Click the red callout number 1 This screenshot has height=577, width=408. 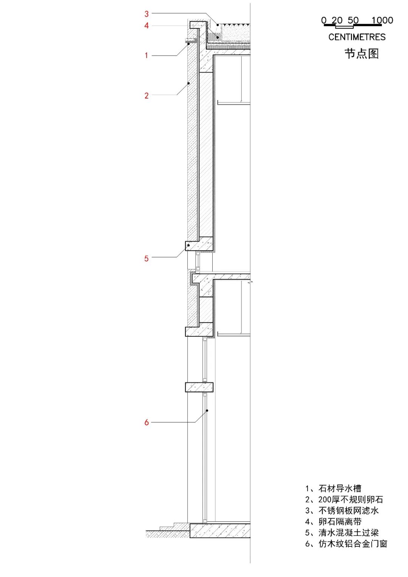(x=146, y=56)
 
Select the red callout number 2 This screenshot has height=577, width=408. (x=146, y=96)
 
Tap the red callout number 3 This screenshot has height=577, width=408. (x=146, y=14)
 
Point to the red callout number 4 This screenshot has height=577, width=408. (x=146, y=25)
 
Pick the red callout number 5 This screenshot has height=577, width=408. (x=146, y=258)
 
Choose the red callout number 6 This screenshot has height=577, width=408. (x=146, y=422)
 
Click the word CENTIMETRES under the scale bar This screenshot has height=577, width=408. (x=357, y=37)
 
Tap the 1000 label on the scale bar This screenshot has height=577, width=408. (x=382, y=20)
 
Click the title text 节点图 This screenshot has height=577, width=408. (x=362, y=54)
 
